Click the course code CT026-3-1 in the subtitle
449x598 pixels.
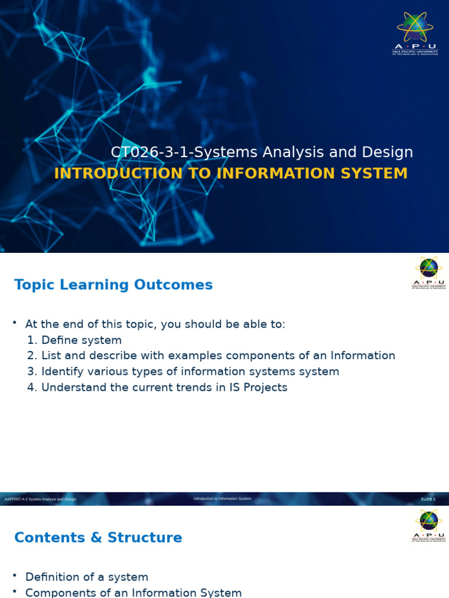[x=151, y=152]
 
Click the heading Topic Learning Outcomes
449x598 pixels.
[x=113, y=285]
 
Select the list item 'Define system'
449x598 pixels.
[x=81, y=340]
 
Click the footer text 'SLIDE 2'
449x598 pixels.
[x=429, y=499]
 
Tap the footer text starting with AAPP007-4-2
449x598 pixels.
[x=40, y=499]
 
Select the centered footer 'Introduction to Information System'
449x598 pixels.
[x=222, y=499]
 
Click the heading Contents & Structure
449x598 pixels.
[x=98, y=538]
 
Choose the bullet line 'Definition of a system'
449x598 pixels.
[x=87, y=577]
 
